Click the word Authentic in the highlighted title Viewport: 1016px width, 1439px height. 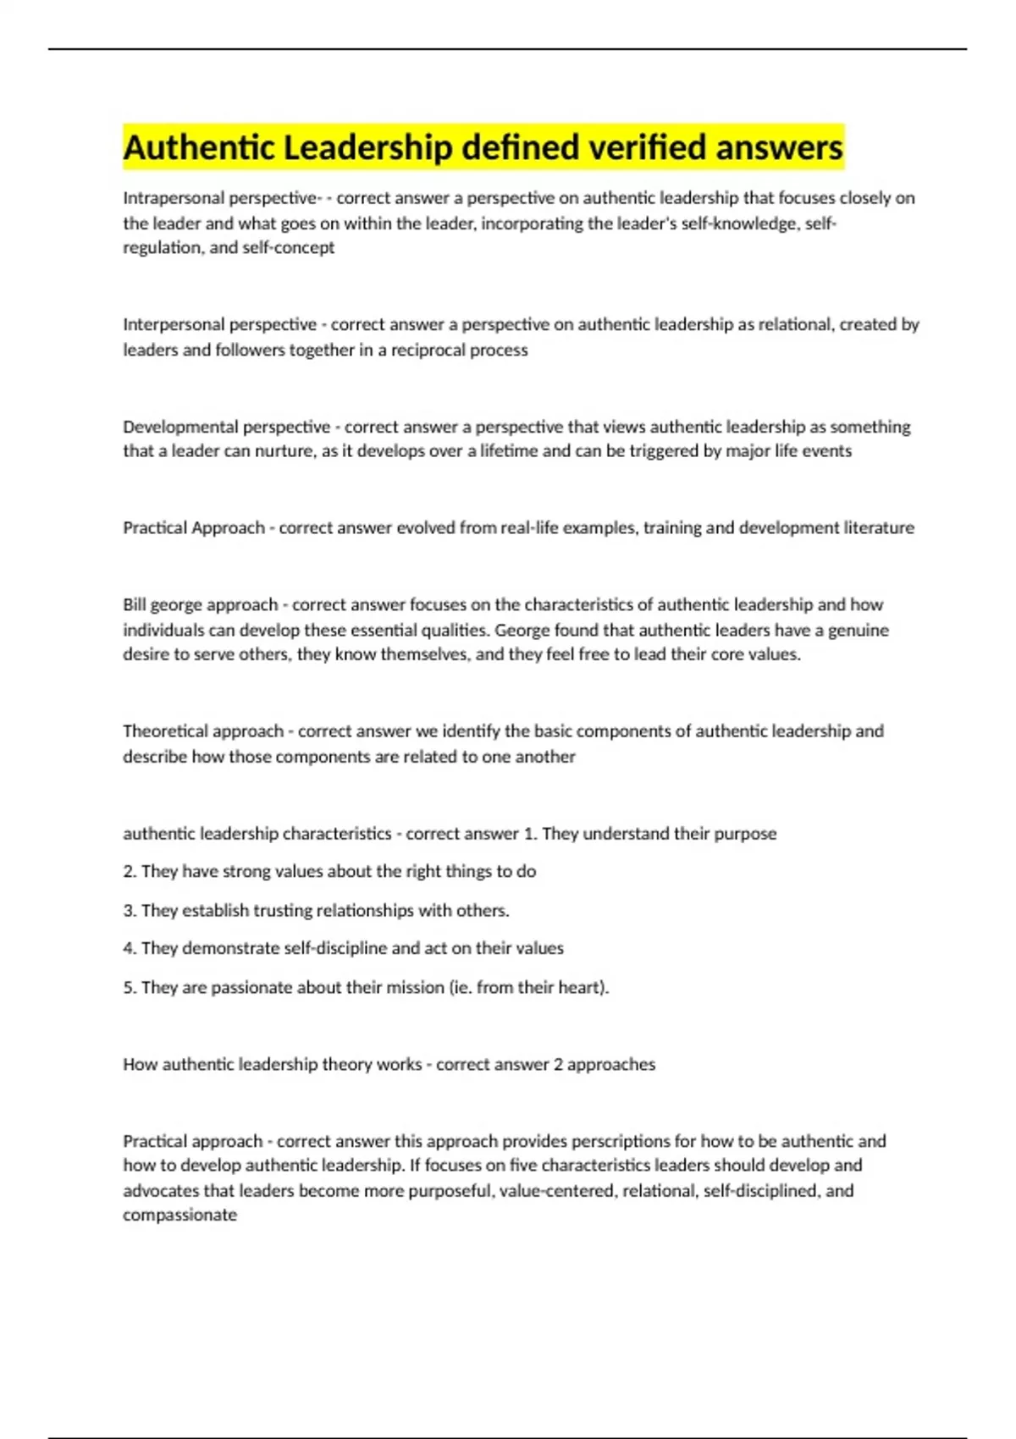tap(199, 148)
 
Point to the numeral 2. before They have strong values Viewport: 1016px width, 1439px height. tap(130, 872)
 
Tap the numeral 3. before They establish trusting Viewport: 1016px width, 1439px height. tap(130, 911)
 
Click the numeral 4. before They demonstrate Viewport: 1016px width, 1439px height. tap(130, 949)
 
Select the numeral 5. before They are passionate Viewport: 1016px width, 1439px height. tap(130, 988)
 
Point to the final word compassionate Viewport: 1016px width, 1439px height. tap(179, 1216)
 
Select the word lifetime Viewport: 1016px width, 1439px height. tap(508, 451)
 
